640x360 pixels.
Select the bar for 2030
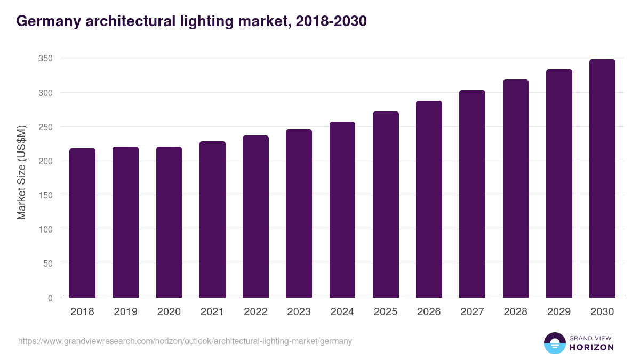pos(602,179)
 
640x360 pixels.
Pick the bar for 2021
pos(212,220)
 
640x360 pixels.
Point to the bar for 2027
pos(472,194)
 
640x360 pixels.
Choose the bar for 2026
pos(429,199)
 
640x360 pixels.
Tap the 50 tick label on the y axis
pos(47,263)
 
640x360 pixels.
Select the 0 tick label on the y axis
pos(50,298)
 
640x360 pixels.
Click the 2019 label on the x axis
pos(125,312)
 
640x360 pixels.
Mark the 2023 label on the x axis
pos(299,312)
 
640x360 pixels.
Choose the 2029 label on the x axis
pos(559,312)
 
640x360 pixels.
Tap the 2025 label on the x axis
pos(386,312)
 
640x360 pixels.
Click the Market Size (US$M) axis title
pos(21,172)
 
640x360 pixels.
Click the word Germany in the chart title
pos(47,21)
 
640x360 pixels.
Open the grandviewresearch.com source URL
pos(185,341)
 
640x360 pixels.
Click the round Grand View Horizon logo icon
pos(555,343)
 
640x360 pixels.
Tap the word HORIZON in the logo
pos(591,347)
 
